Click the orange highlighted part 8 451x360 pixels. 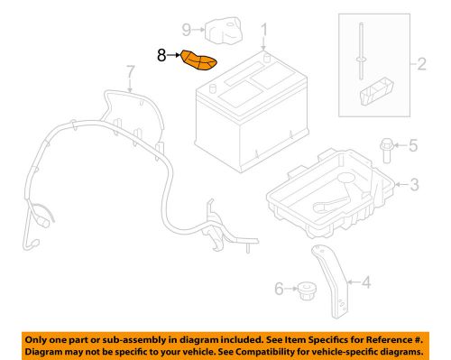(x=200, y=61)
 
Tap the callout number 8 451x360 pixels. (x=161, y=55)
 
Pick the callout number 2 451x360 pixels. (x=419, y=64)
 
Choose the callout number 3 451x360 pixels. (x=414, y=186)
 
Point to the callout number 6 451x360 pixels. (x=281, y=289)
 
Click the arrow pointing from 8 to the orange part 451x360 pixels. (x=174, y=55)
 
